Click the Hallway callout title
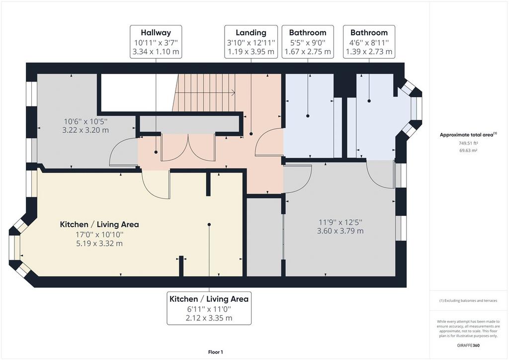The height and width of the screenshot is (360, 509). point(156,32)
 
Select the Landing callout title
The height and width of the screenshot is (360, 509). point(251,33)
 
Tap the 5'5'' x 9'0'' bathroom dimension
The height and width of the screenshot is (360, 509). point(307,42)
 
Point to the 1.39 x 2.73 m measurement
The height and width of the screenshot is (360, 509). point(369,52)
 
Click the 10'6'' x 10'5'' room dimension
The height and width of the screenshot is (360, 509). point(85,121)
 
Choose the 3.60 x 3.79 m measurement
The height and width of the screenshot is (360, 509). point(340,231)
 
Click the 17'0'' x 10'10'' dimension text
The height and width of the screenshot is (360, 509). point(99,234)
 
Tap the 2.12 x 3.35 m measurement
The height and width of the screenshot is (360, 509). point(209,318)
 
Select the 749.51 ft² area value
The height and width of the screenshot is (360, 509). point(468,143)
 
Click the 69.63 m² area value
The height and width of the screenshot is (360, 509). point(468,150)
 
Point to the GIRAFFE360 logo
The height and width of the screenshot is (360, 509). point(468,346)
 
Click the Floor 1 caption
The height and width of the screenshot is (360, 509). point(216,352)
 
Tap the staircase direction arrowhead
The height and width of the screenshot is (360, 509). point(234,93)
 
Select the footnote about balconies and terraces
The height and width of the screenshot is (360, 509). point(468,301)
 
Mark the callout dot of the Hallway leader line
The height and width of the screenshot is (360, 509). point(156,152)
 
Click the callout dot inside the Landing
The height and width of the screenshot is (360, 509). point(251,134)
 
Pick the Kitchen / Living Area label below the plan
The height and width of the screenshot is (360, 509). point(209,299)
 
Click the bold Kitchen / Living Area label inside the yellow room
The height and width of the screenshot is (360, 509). point(99,224)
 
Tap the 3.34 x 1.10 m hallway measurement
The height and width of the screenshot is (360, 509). point(156,52)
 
